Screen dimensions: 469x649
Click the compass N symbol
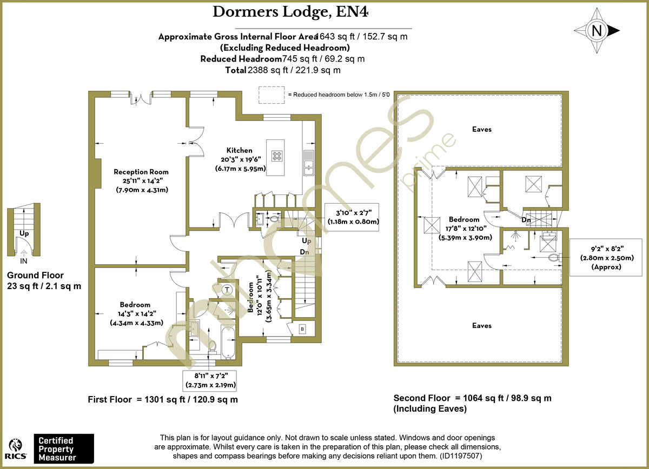coord(597,31)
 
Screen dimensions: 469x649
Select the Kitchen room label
coord(239,150)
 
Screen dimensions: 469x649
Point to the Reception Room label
coord(141,172)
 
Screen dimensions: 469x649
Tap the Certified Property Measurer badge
coord(64,448)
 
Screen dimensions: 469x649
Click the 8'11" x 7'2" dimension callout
coord(211,381)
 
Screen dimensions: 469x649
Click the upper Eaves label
coord(481,129)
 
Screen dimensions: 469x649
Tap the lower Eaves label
coord(481,325)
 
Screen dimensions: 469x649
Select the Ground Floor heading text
coord(35,275)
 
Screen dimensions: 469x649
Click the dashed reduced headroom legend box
coord(272,95)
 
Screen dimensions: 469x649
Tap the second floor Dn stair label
coord(525,220)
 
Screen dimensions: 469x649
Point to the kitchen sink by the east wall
coord(309,164)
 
